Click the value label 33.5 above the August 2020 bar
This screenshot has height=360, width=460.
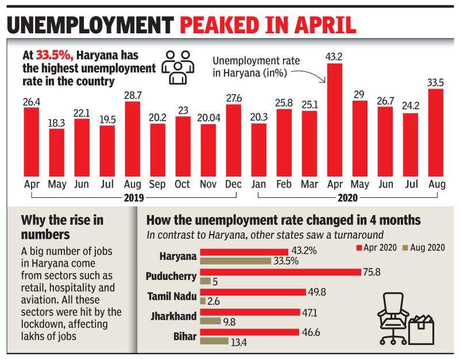coord(436,82)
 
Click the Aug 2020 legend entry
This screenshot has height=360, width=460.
coord(425,247)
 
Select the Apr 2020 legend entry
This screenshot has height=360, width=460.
coord(377,247)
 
